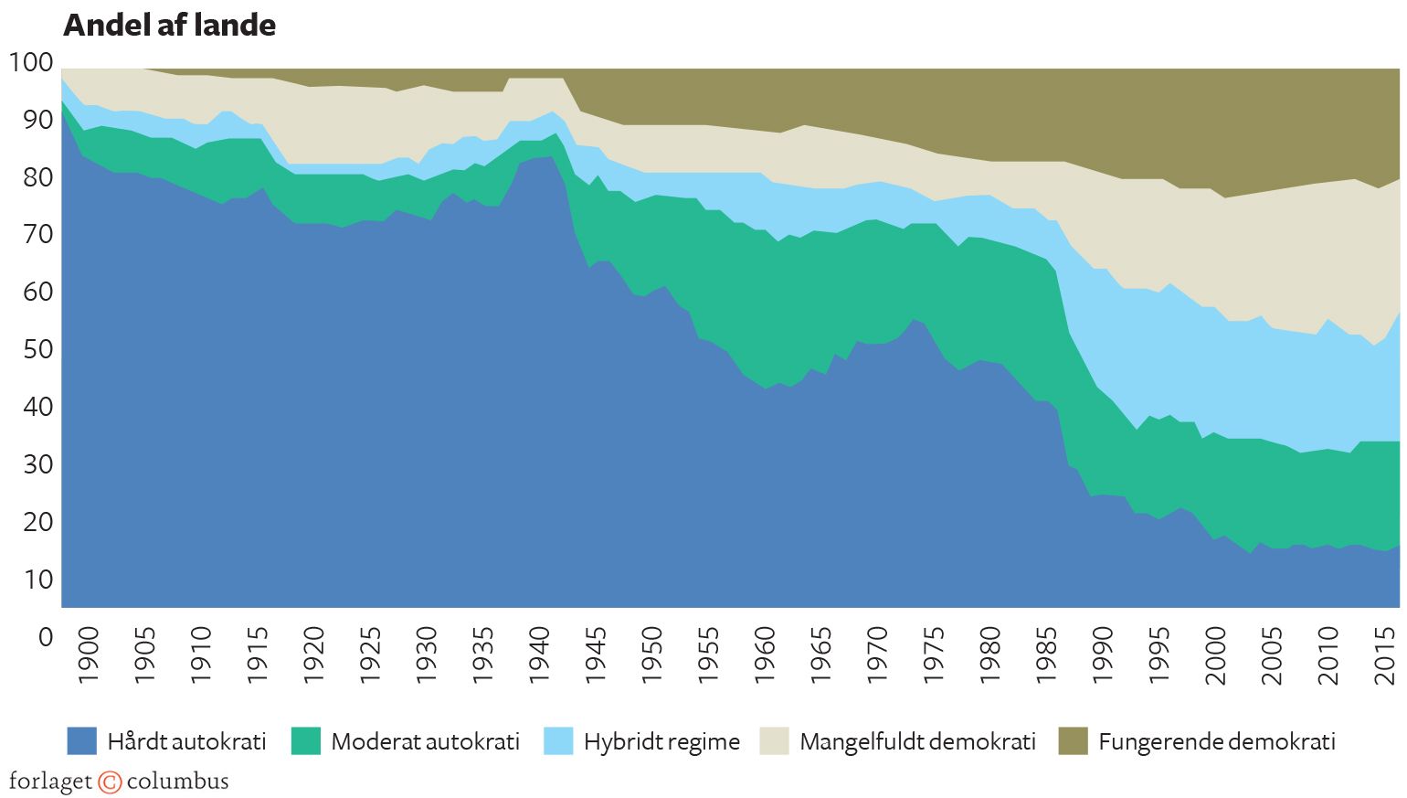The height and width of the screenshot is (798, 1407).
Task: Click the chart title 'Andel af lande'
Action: click(169, 26)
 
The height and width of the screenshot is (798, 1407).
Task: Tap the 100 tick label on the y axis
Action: click(31, 63)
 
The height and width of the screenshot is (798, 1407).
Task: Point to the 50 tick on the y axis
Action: click(38, 350)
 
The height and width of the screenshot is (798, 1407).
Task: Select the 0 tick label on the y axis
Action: click(46, 637)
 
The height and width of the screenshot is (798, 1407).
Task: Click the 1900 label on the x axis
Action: click(88, 654)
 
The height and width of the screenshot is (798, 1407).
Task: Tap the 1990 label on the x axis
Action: click(1103, 654)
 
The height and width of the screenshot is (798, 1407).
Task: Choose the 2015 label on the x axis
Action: click(1385, 654)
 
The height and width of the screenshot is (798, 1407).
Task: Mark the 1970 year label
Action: click(877, 654)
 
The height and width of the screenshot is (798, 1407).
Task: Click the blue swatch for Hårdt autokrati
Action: click(81, 741)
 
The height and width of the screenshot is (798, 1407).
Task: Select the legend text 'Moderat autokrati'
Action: click(425, 741)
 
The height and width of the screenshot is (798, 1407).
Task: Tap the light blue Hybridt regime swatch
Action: click(558, 741)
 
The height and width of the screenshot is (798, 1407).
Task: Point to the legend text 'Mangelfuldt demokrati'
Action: click(917, 741)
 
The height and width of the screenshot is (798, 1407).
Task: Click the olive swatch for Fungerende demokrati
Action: click(1074, 741)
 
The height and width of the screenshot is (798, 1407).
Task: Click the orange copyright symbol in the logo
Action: click(110, 782)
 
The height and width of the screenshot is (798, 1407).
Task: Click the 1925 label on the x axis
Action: click(370, 654)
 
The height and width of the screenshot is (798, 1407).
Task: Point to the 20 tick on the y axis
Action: click(38, 523)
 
